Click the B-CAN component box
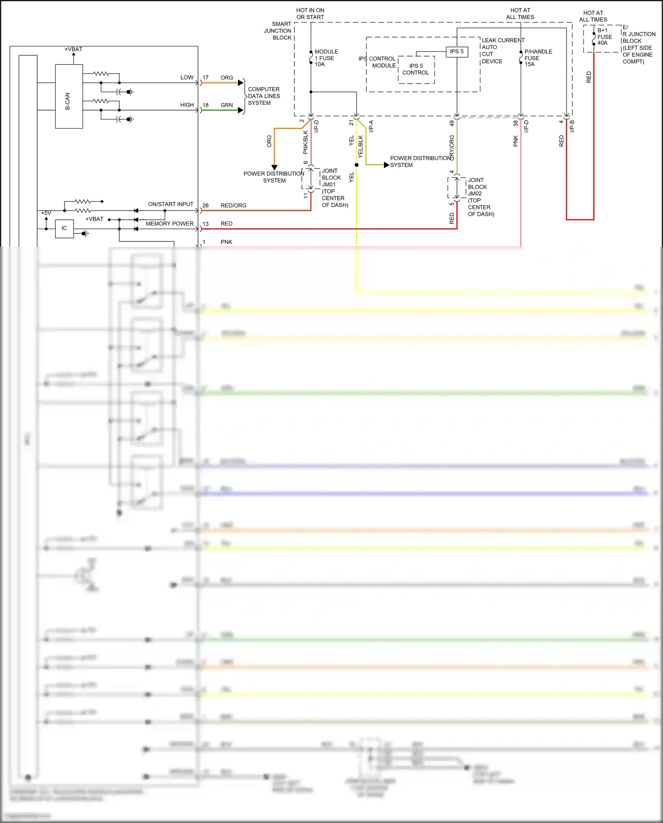coord(69,96)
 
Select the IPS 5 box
coord(457,52)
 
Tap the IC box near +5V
coord(64,229)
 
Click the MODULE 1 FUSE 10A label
coord(326,58)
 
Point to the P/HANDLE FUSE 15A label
coord(537,58)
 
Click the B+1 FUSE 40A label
coord(604,37)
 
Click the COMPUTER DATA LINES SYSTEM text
coord(263,96)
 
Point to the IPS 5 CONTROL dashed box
coord(416,69)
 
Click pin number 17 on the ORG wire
coord(206,78)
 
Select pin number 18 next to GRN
coord(206,105)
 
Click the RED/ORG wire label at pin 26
coord(233,206)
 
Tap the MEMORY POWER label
coord(169,224)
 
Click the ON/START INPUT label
coord(171,204)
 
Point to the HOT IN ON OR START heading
coord(310,14)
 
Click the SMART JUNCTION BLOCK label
coord(278,31)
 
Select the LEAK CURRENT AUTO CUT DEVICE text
coord(502,51)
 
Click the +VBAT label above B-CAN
coord(73,49)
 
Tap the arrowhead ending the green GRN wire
coord(241,110)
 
